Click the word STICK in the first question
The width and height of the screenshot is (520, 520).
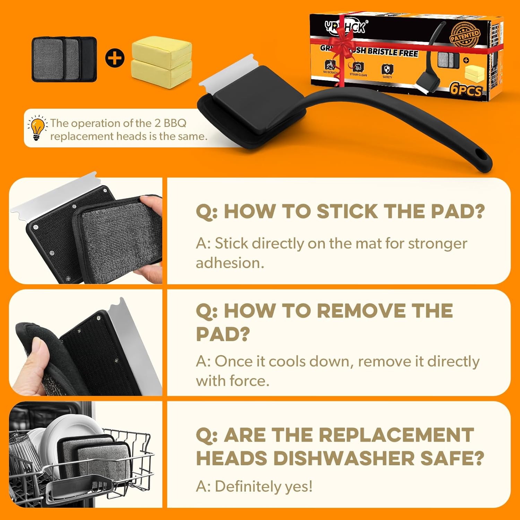point(347,211)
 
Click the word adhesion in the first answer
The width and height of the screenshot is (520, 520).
point(229,263)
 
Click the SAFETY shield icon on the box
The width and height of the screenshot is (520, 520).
point(387,69)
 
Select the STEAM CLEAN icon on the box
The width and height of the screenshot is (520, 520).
point(358,67)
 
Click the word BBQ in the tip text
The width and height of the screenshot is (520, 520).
point(175,123)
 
